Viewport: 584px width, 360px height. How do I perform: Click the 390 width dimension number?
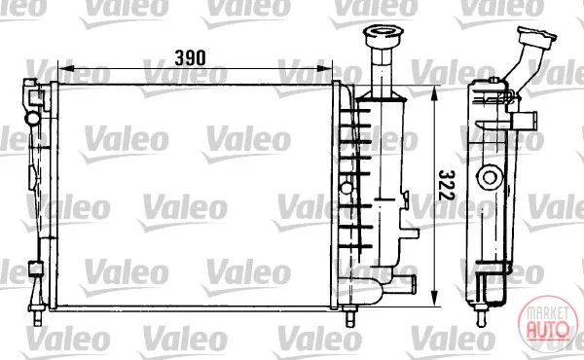pyautogui.click(x=190, y=58)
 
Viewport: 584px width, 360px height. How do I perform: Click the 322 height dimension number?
pyautogui.click(x=447, y=185)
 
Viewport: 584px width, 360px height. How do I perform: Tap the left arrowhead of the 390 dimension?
pyautogui.click(x=66, y=68)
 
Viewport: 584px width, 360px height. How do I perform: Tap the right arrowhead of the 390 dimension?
pyautogui.click(x=324, y=68)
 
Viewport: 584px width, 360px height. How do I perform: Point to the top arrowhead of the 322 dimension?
pyautogui.click(x=434, y=95)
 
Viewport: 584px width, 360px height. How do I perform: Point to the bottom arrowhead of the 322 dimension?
pyautogui.click(x=434, y=299)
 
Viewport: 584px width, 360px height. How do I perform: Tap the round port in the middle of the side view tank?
pyautogui.click(x=490, y=177)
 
